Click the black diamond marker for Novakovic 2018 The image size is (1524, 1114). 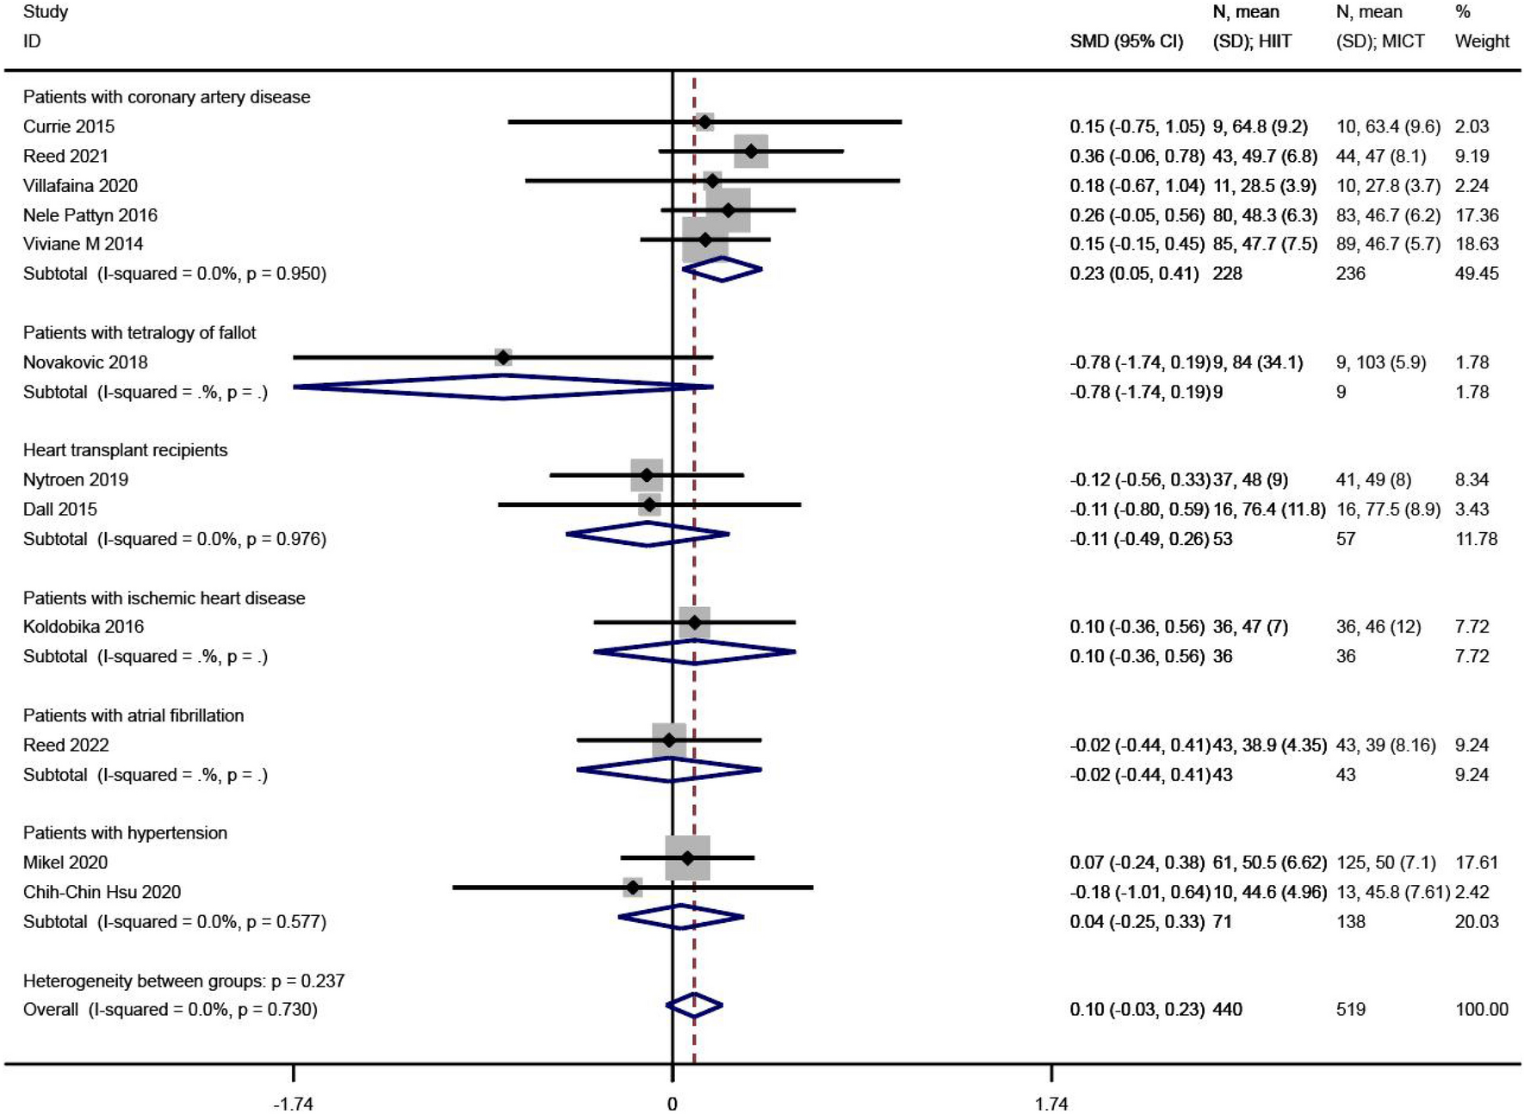[x=503, y=356]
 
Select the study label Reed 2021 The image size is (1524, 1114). [x=65, y=156]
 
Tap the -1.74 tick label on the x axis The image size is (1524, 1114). [x=293, y=1104]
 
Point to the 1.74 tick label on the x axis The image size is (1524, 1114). [x=1051, y=1104]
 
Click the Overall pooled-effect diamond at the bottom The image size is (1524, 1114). [x=694, y=1005]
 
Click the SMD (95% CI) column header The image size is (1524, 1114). [x=1126, y=41]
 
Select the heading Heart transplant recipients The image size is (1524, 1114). [x=125, y=450]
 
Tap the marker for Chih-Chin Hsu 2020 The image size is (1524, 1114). [x=633, y=887]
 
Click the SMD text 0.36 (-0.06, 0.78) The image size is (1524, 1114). [x=1137, y=156]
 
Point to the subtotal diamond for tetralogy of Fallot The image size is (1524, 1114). [x=503, y=387]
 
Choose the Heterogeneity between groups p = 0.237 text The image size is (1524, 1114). [x=183, y=981]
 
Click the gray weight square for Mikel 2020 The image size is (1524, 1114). [x=688, y=857]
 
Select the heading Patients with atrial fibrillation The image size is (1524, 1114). [x=133, y=715]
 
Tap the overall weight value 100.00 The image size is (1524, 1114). [x=1482, y=1009]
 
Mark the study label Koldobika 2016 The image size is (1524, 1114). [x=84, y=627]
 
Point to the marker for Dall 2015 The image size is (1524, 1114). [x=649, y=504]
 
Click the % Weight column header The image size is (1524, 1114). [x=1481, y=28]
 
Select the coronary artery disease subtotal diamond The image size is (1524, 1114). [x=722, y=269]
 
